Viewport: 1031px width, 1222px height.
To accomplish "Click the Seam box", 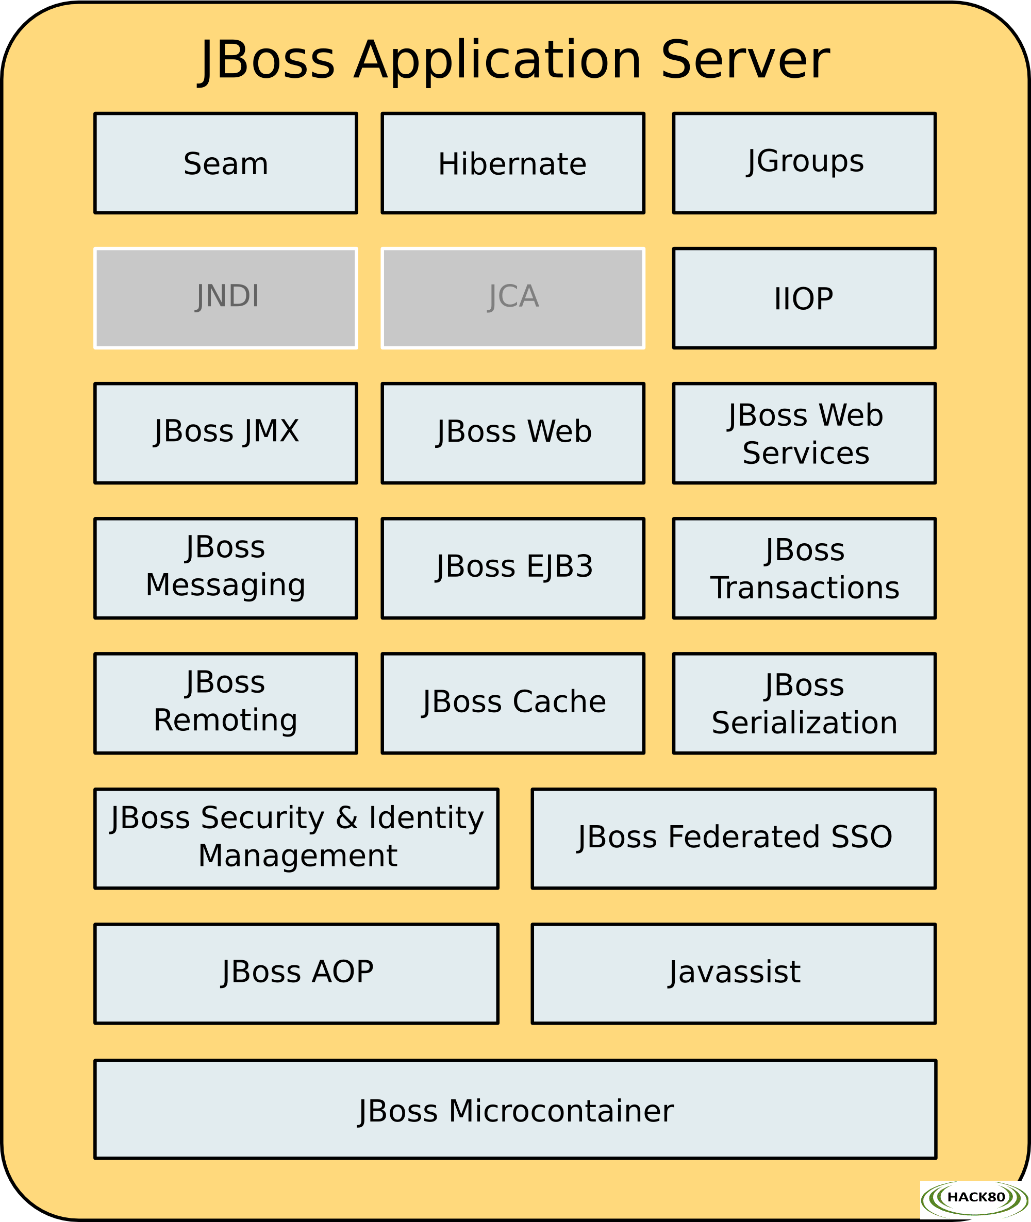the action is point(226,163).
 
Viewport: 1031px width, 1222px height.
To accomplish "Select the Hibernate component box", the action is point(512,163).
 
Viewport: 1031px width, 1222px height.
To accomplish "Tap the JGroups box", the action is point(804,163).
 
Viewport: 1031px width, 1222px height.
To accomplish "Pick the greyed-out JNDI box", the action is point(226,298).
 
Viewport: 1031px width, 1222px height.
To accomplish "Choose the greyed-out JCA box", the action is point(512,298).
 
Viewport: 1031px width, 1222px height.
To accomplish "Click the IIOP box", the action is point(804,298).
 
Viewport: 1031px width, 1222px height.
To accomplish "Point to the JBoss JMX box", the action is point(226,433).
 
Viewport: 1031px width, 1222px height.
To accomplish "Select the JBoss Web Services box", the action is point(804,433).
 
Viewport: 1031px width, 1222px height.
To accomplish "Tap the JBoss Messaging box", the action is point(226,568).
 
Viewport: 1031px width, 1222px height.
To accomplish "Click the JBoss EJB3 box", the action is point(512,568).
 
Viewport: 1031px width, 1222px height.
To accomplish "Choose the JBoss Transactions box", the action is point(804,568).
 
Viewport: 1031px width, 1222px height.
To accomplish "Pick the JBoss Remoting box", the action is point(226,703).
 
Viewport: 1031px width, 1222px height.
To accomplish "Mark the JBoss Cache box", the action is point(512,703).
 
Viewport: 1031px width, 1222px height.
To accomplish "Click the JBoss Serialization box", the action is point(804,703).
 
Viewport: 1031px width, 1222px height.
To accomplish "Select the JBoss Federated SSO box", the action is point(734,839).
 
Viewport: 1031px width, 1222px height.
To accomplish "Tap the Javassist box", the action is point(734,974).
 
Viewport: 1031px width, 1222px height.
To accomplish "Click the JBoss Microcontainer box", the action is point(515,1109).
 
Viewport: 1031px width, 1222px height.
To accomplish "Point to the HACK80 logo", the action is point(974,1199).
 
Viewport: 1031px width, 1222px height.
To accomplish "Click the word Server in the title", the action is point(745,60).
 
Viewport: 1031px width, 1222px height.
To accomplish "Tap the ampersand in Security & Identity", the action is point(346,817).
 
